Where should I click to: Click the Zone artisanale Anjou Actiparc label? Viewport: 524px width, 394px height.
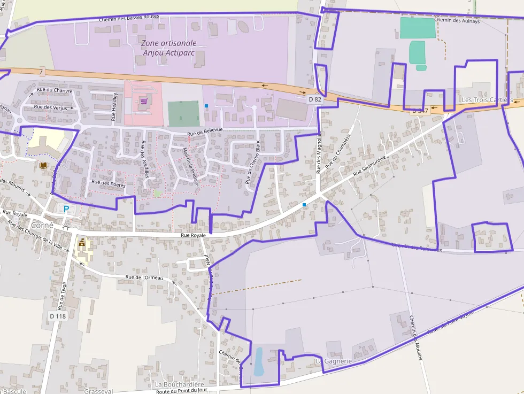169,48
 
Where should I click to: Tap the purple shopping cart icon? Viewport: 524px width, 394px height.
143,100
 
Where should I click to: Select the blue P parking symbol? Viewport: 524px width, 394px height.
66,209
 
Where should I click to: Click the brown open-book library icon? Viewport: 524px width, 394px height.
43,166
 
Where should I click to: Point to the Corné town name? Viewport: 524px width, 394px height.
42,225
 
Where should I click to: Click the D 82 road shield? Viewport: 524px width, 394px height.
315,99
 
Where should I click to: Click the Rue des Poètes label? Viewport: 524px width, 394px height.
109,184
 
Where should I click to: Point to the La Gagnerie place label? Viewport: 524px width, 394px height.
334,361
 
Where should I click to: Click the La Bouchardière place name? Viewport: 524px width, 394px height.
180,384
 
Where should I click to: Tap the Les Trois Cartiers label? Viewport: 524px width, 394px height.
487,100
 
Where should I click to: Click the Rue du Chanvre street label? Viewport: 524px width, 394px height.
55,90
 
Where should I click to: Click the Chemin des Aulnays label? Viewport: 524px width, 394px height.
457,20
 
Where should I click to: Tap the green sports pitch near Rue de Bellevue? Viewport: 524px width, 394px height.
183,113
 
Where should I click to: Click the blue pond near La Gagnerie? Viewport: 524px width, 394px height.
259,362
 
